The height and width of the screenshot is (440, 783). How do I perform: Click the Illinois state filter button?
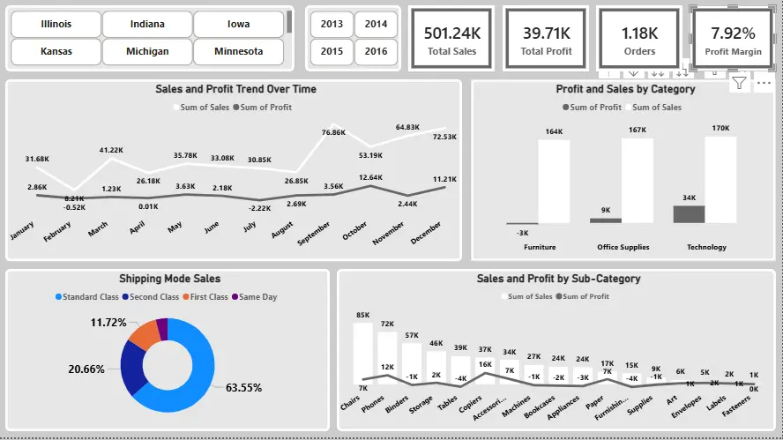[56, 25]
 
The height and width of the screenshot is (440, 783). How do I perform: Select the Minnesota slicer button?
[238, 51]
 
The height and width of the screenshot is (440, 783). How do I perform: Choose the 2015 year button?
[332, 51]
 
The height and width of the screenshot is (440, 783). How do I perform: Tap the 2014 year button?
[376, 25]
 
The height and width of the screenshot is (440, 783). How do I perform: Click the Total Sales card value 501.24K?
[451, 34]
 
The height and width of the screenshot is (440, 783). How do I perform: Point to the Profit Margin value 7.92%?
[733, 34]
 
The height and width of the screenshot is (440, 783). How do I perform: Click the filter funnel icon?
[739, 84]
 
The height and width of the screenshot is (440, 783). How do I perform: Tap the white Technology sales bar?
[720, 179]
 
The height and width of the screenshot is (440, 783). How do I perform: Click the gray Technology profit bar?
[689, 213]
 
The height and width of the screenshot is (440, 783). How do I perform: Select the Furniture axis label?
[540, 247]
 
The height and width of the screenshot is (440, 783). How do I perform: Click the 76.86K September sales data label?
[333, 132]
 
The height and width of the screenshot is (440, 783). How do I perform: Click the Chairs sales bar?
[362, 357]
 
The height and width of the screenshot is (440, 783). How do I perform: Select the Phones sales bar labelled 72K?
[386, 363]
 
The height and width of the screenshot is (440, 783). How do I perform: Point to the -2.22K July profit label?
[259, 208]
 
